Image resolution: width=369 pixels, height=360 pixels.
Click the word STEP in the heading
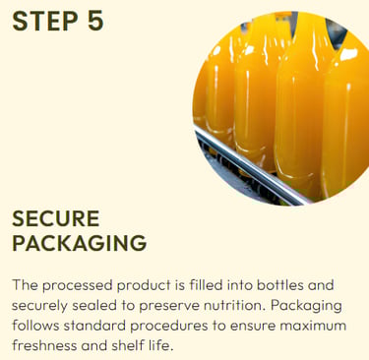point(45,21)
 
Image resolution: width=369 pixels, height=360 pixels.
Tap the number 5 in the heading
point(95,21)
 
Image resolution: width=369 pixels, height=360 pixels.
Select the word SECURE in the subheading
point(56,218)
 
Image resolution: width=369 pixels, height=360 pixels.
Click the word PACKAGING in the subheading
point(80,243)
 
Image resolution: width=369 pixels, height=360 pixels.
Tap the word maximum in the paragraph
point(314,326)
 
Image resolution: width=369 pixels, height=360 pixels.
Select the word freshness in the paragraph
point(45,345)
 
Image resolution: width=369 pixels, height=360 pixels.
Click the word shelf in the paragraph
point(127,345)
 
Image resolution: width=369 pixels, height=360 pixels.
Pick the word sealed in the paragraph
point(94,305)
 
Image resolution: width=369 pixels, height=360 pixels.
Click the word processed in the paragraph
point(78,286)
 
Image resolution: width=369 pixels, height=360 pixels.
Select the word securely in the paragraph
point(40,306)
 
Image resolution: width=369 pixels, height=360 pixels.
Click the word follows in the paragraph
point(36,326)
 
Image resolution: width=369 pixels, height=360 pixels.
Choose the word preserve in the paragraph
point(169,306)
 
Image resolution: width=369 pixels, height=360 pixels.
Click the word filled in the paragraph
point(206,285)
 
